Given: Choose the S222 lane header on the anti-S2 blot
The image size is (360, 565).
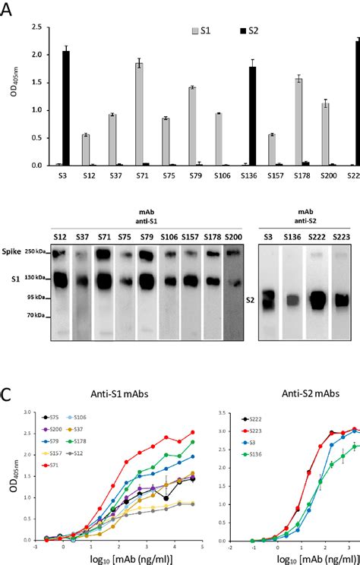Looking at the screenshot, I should pos(314,238).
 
